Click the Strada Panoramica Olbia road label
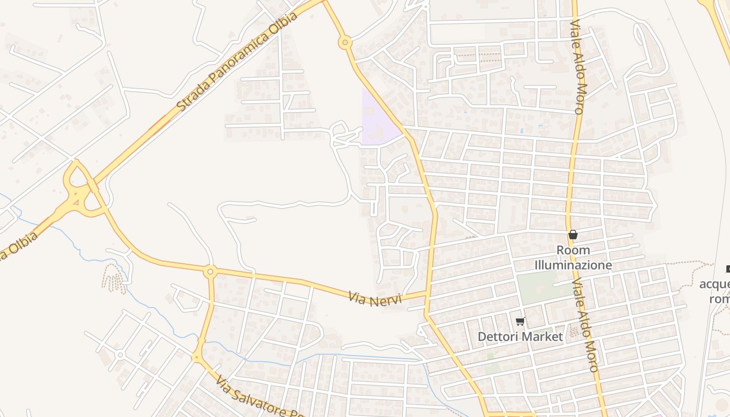click(x=237, y=61)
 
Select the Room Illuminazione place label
click(x=573, y=257)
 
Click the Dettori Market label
click(x=520, y=337)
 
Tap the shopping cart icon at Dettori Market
click(x=519, y=322)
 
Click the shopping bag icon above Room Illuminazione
click(x=573, y=235)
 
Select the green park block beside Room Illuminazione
click(x=540, y=287)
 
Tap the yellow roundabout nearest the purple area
click(x=345, y=43)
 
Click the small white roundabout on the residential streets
click(x=120, y=354)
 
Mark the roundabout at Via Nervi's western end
click(x=210, y=271)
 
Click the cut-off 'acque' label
click(x=715, y=285)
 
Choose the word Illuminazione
click(x=573, y=265)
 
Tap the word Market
click(x=542, y=337)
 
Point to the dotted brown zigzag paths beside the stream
click(x=114, y=278)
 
